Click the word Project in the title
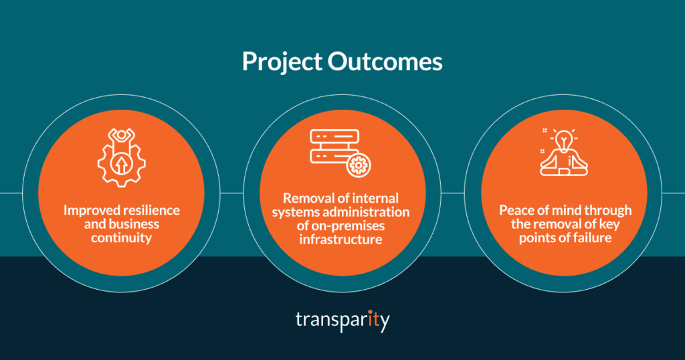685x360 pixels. pos(282,62)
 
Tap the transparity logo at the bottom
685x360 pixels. pos(342,321)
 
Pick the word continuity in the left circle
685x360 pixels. pos(122,237)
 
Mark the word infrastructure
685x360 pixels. pos(342,240)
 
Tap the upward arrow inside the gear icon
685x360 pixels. pos(121,163)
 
